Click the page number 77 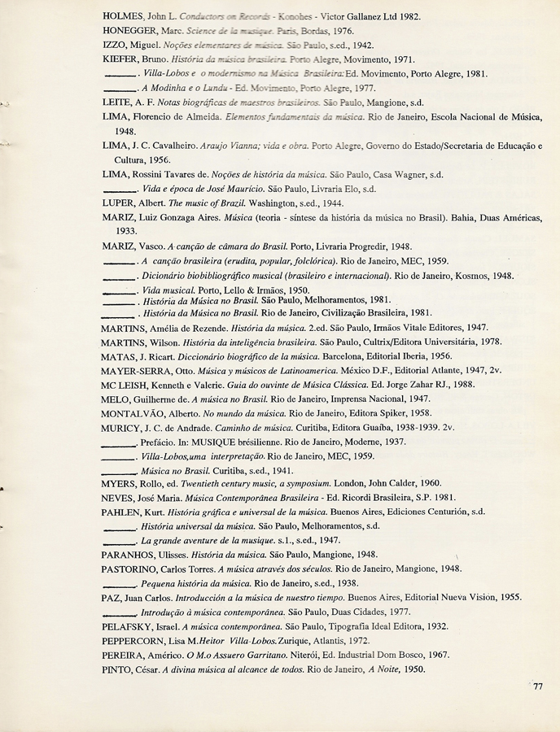click(x=538, y=686)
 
